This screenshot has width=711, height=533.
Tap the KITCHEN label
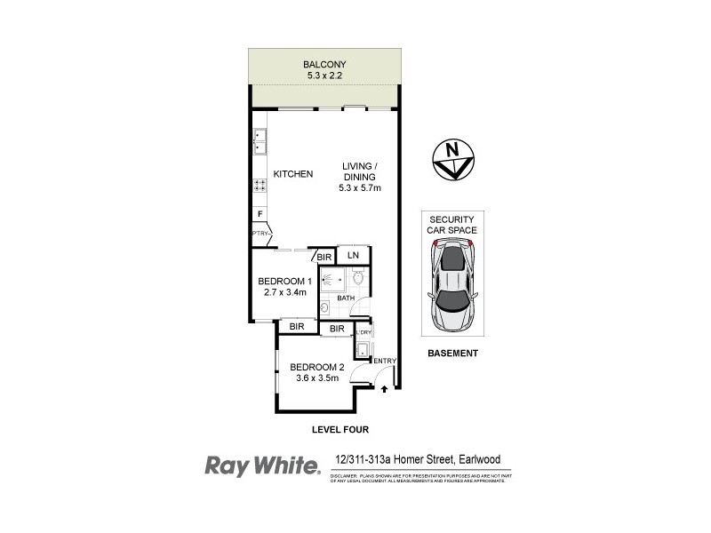click(292, 174)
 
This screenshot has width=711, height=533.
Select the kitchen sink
click(260, 141)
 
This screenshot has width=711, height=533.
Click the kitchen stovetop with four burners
click(260, 186)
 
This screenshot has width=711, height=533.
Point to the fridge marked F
click(260, 214)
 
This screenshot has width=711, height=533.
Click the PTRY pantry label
click(260, 234)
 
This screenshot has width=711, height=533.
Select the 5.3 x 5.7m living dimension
click(357, 188)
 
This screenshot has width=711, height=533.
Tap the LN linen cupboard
click(354, 256)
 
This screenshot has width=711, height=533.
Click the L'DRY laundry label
click(363, 331)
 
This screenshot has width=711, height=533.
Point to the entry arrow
click(384, 387)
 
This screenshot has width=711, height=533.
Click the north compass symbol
click(454, 161)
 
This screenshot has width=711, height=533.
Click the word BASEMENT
click(453, 353)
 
